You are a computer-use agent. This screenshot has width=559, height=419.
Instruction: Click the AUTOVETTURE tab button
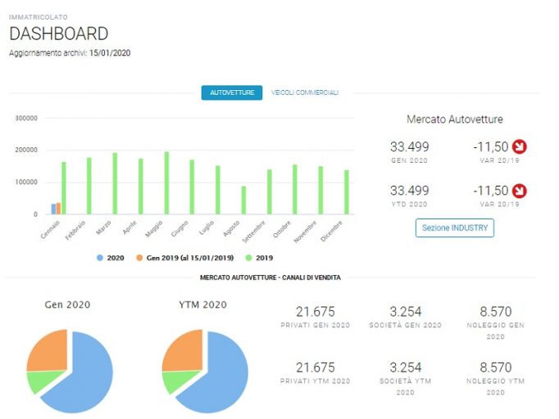click(x=232, y=92)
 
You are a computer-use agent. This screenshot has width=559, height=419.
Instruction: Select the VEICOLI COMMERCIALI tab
click(x=304, y=92)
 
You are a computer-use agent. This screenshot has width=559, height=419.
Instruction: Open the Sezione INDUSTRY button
click(x=455, y=228)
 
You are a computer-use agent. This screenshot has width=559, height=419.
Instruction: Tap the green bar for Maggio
click(x=166, y=183)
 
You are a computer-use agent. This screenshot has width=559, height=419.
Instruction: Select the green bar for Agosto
click(x=243, y=200)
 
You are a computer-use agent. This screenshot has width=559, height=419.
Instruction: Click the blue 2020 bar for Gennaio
click(x=53, y=209)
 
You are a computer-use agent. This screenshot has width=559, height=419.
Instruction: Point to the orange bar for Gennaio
click(x=58, y=209)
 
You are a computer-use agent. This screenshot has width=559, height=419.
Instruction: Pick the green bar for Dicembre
click(x=347, y=192)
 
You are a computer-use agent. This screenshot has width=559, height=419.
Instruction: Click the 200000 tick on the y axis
click(x=26, y=150)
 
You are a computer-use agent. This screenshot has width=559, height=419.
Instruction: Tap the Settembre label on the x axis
click(x=254, y=232)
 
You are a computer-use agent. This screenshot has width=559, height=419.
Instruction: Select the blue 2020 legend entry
click(x=111, y=258)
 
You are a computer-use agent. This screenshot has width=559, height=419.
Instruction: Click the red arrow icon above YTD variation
click(x=520, y=191)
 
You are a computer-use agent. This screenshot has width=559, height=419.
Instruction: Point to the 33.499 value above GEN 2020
click(x=409, y=146)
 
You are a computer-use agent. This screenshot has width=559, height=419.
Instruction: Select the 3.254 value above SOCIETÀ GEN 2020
click(x=406, y=312)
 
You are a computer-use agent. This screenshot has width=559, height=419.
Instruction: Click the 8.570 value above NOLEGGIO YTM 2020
click(x=496, y=367)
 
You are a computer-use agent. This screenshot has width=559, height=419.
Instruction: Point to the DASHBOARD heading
click(x=59, y=34)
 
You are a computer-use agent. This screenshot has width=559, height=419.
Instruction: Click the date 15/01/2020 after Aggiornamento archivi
click(x=110, y=53)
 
